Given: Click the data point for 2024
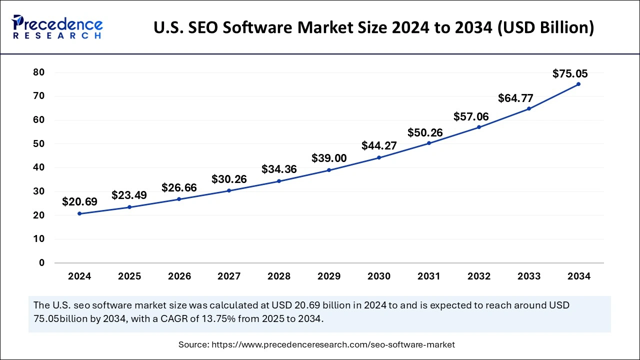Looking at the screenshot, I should point(79,213).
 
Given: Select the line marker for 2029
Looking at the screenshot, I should point(329,170).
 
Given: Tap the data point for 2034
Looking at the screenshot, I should point(578,84).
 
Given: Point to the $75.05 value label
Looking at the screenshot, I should point(570,74).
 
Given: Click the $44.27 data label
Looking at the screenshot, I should point(379,146).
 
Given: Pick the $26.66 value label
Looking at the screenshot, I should point(179,187).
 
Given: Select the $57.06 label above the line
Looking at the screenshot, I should point(471,116).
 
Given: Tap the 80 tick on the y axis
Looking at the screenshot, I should point(39,72).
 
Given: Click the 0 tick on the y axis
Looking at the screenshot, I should point(42,263).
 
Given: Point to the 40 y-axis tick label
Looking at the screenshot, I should point(39,167).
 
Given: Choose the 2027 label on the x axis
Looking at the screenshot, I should point(229,276).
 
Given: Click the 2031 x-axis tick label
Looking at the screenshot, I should point(429,276).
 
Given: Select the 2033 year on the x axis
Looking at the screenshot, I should point(529,276).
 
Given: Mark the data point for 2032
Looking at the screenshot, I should point(479,127).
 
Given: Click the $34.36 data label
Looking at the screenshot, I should point(279,169).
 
